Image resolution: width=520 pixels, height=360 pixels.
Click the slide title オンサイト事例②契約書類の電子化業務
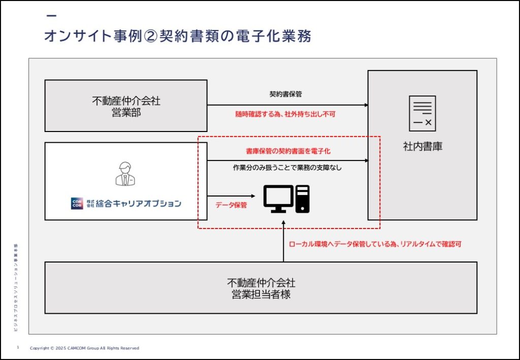[177, 37]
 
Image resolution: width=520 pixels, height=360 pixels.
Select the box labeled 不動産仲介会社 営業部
[126, 106]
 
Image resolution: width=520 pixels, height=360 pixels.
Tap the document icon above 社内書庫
[422, 113]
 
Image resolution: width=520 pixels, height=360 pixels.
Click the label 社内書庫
[422, 147]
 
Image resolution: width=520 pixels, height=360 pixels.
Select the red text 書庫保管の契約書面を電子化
[288, 151]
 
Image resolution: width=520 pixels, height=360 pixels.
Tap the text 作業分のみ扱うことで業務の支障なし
[287, 168]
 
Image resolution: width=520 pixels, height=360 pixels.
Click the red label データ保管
[231, 205]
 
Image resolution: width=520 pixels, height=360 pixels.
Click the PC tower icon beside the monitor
[302, 199]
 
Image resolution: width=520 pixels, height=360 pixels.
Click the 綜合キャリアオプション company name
[138, 204]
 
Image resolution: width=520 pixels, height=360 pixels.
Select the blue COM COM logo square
[77, 204]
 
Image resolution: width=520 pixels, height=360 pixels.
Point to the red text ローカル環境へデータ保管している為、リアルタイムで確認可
[375, 244]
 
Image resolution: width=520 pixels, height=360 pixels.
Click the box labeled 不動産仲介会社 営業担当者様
[261, 288]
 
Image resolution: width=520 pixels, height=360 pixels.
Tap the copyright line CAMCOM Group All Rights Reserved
[84, 348]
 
